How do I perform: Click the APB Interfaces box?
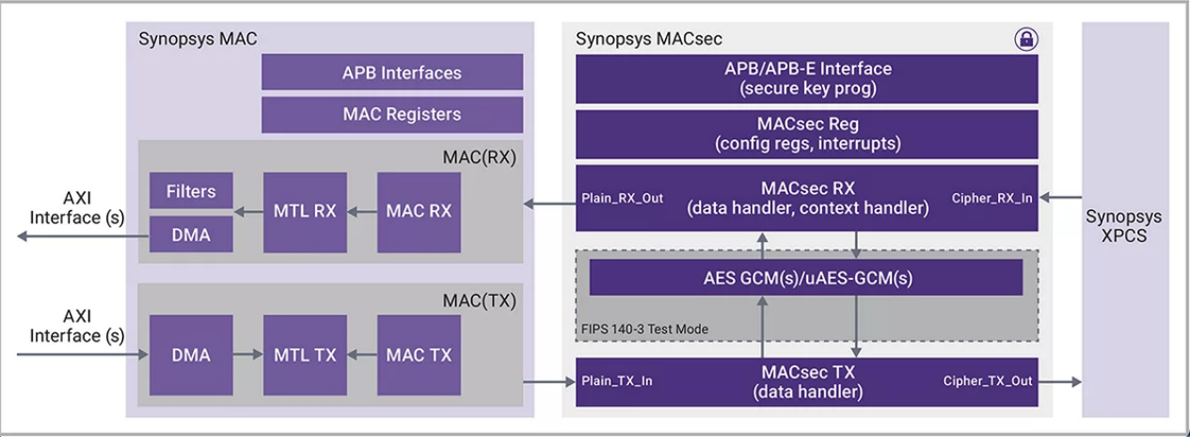[392, 73]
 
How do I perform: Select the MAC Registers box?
[392, 114]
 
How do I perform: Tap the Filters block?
[192, 191]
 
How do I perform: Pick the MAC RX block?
[419, 212]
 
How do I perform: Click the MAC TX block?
[419, 355]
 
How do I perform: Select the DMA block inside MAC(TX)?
[192, 355]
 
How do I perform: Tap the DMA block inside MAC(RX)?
[192, 235]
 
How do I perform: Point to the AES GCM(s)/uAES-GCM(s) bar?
[806, 277]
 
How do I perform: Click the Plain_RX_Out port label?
[621, 200]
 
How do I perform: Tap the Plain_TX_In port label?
[618, 381]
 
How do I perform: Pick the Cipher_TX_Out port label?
[987, 381]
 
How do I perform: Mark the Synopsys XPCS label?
[1124, 226]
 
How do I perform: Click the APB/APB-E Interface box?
[806, 78]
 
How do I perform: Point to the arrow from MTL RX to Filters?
[248, 212]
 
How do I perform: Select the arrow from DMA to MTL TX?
[248, 355]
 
